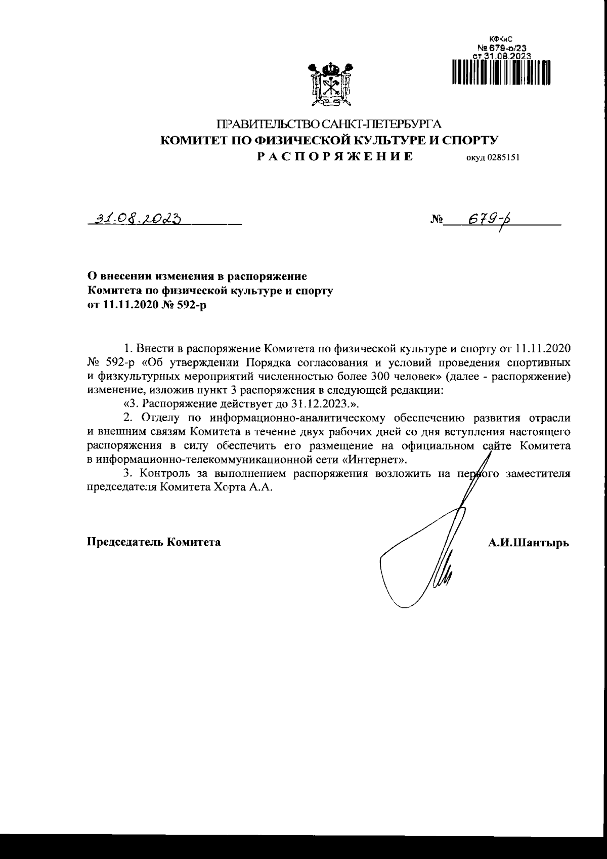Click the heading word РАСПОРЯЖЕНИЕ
point(334,156)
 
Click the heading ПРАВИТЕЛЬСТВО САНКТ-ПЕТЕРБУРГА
point(329,125)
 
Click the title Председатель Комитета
point(154,542)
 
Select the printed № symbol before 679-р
point(437,220)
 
